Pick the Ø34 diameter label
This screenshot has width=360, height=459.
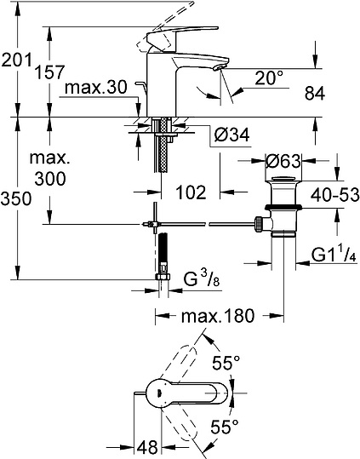coord(231,135)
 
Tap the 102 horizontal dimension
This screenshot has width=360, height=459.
coord(191,192)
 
